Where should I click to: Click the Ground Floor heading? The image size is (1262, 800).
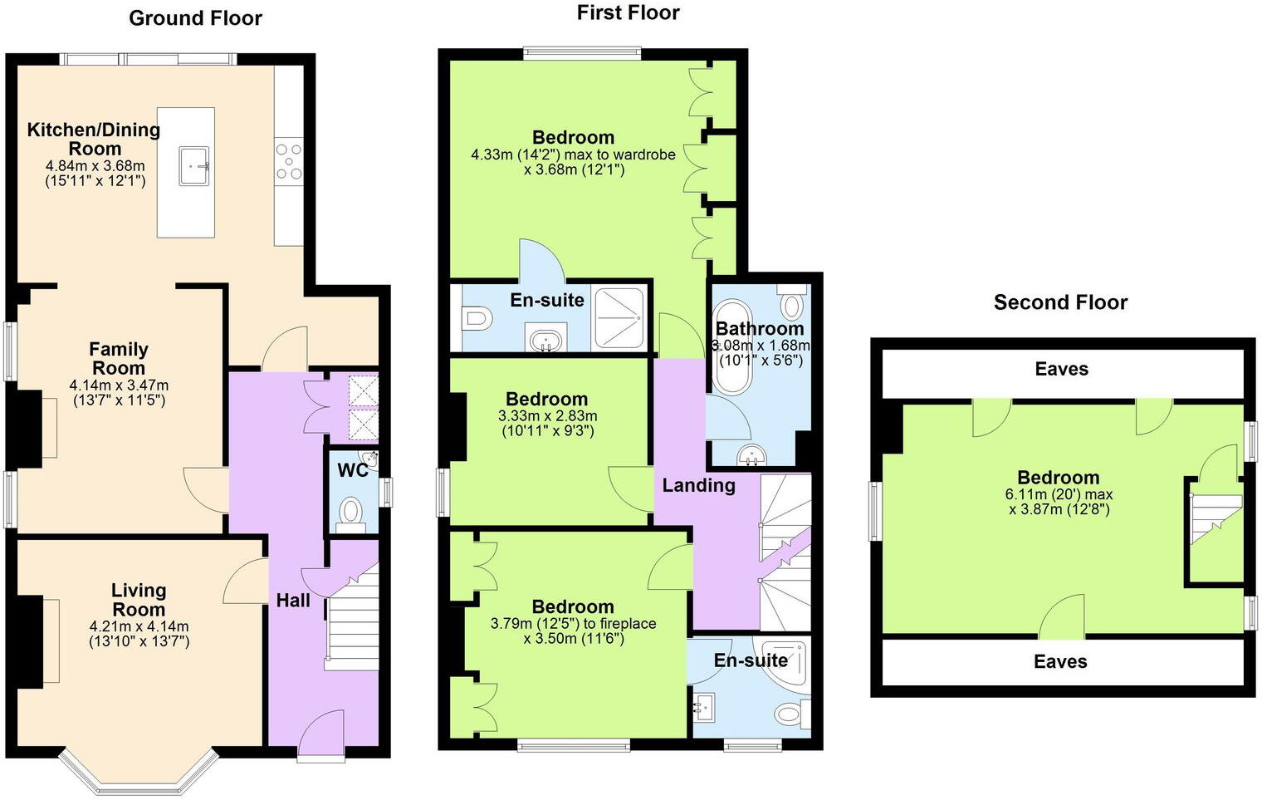pos(195,18)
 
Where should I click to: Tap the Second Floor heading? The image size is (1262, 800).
pos(1060,302)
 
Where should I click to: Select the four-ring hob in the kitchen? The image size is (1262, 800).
pos(289,161)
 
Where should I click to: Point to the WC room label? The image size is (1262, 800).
pos(352,470)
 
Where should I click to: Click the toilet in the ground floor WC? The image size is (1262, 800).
pos(352,510)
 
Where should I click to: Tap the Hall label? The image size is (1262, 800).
pos(293,600)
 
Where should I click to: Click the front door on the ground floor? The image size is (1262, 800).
pos(321,735)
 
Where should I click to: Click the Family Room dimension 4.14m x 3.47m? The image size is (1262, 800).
pos(119,385)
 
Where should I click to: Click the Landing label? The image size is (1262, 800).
pos(698,485)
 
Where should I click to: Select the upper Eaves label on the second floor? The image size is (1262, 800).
pos(1061,369)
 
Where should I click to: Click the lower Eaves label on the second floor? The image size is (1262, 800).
pos(1060,661)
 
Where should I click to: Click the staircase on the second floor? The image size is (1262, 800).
pos(1215,518)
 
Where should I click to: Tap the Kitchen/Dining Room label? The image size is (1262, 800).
pos(94,139)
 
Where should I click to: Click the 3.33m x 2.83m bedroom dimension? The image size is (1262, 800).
pos(547,416)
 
